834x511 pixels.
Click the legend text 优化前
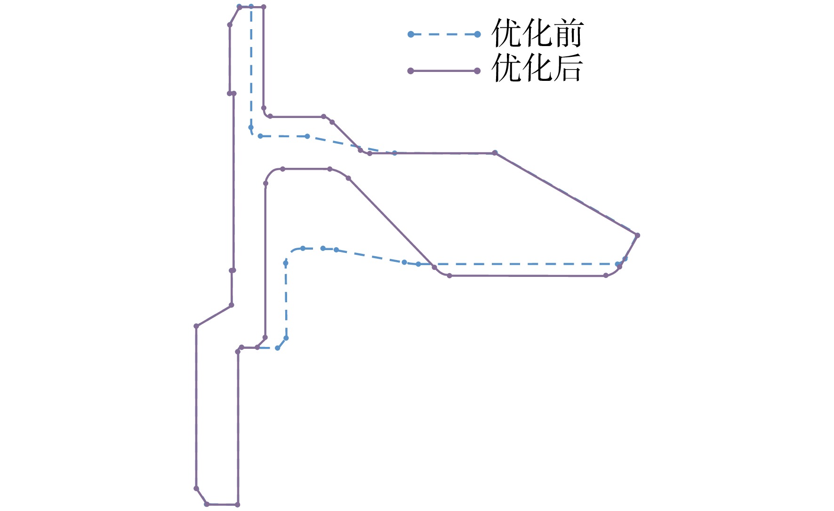(537, 33)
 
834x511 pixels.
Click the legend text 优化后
(537, 68)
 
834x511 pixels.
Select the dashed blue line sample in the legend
(444, 34)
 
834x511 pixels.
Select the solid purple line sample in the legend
(444, 71)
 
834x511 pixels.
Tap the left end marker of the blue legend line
(410, 34)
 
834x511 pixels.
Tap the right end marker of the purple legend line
(477, 71)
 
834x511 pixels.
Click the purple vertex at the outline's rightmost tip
(637, 235)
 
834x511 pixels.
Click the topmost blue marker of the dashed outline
(251, 7)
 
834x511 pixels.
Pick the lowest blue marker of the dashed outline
(277, 348)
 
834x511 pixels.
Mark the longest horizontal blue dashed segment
(518, 264)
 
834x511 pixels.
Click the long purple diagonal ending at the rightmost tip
(566, 194)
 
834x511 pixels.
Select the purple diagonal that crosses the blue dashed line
(391, 222)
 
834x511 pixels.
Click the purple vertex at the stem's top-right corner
(264, 7)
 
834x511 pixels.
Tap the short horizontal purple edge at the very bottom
(222, 504)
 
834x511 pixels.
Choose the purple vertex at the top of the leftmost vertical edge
(196, 326)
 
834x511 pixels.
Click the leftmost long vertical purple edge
(196, 407)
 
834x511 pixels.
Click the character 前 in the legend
(568, 33)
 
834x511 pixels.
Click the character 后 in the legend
(568, 68)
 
